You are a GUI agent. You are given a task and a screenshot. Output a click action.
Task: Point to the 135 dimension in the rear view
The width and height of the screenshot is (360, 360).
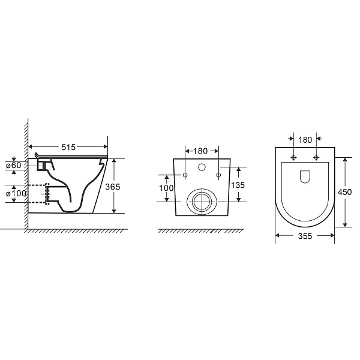coord(238,185)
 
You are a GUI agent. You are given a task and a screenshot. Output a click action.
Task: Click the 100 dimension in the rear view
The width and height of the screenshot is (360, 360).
coord(166,188)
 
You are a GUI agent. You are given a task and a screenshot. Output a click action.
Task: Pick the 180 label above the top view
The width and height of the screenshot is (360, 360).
coord(305,140)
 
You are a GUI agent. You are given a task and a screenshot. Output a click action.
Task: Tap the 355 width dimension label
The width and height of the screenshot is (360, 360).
coord(305,236)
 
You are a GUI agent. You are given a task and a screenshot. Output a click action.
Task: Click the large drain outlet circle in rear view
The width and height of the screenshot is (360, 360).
coord(201,201)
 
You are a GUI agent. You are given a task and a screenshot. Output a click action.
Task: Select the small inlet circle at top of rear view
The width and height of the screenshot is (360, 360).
coord(202,166)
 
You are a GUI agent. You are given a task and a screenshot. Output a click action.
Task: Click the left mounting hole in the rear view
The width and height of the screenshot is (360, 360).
coord(185,175)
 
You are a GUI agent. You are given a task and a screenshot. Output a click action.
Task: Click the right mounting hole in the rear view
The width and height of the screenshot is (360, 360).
coord(218,175)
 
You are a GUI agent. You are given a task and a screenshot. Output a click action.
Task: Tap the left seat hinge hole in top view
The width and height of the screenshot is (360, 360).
coord(293,158)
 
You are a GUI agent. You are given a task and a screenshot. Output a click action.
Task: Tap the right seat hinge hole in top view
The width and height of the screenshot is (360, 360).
coord(316,158)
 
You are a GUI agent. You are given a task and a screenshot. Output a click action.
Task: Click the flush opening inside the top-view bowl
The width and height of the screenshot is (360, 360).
coord(304,176)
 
